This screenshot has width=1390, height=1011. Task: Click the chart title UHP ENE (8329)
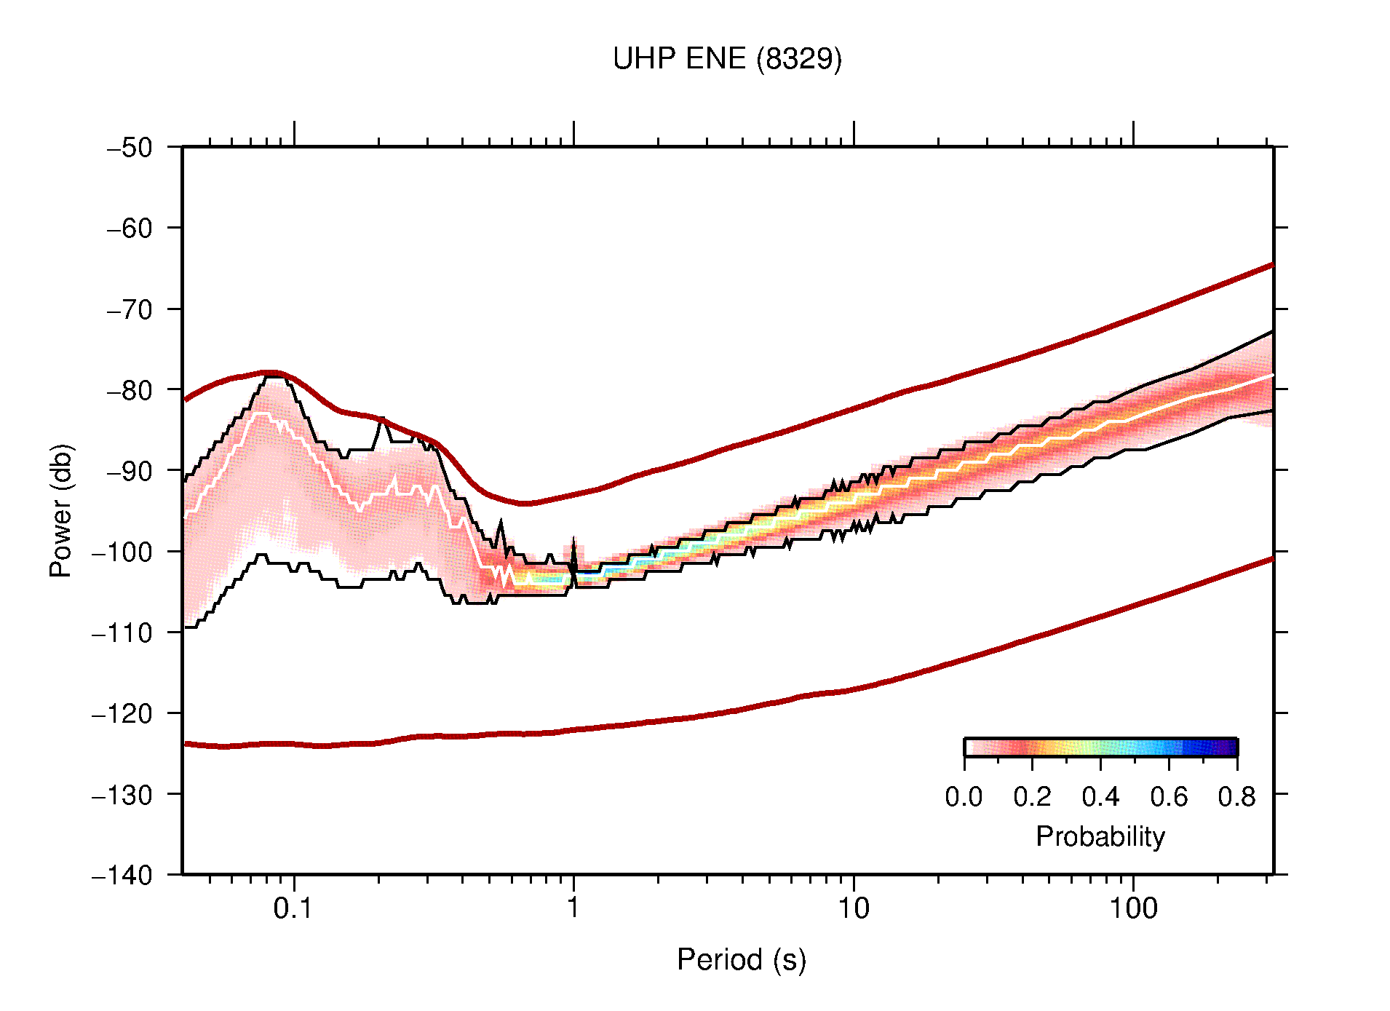coord(727,59)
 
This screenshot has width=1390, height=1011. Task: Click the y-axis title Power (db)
coord(61,510)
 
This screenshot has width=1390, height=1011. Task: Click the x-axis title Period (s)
coord(742,959)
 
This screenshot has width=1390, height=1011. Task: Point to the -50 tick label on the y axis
coord(130,148)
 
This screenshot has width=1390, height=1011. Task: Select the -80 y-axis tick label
coord(130,390)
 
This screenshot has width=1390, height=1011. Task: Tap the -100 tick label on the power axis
coord(122,552)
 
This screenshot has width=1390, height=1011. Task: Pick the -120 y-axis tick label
coord(122,713)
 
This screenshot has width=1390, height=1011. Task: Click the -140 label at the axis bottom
coord(122,875)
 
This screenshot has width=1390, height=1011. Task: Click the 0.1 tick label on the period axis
coord(293,908)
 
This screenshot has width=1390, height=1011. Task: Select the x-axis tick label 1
coord(573,908)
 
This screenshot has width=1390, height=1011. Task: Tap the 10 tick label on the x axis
coord(853,908)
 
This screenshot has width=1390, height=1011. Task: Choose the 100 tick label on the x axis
coord(1133,908)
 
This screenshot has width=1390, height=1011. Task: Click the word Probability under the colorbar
coord(1100,836)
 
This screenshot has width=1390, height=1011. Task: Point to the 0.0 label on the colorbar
coord(964,797)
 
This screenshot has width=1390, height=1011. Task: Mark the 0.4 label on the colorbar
coord(1100,797)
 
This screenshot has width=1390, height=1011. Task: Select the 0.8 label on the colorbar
coord(1236,797)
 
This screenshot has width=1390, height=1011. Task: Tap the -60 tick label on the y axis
coord(130,229)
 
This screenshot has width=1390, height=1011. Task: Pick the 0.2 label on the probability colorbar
coord(1032,797)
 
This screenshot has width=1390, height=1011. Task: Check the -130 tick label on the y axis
coord(122,794)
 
